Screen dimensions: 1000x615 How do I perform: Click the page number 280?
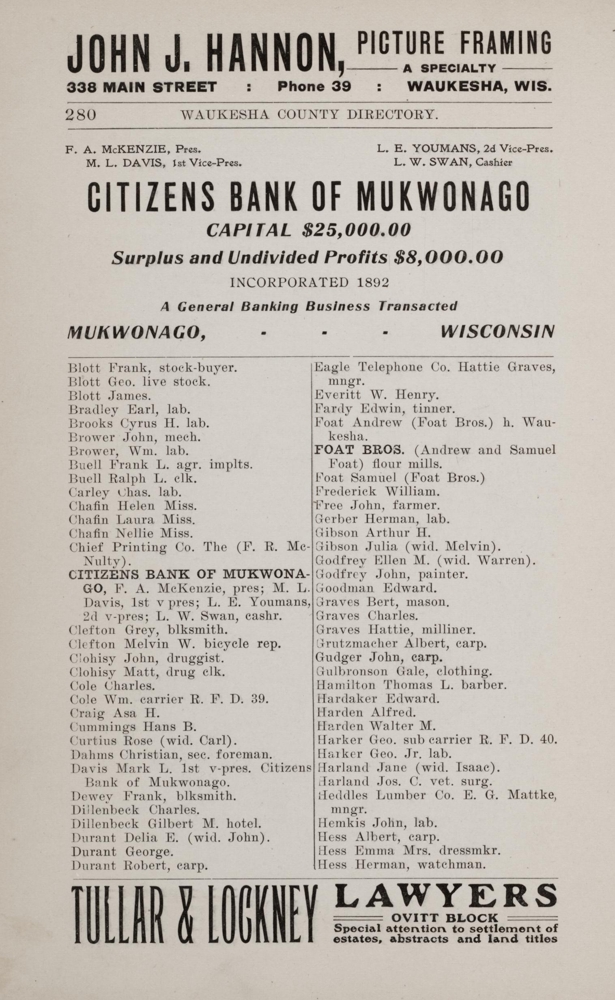click(x=81, y=115)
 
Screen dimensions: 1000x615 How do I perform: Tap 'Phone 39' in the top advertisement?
click(x=314, y=87)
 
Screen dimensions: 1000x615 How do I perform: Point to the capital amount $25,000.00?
click(x=356, y=230)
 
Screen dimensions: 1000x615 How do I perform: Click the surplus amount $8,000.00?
click(x=449, y=258)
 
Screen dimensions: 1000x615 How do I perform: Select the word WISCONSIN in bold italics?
click(x=497, y=332)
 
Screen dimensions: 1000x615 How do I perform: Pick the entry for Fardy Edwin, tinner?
click(x=385, y=408)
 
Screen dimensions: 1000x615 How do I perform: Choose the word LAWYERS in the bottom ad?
click(x=445, y=896)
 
